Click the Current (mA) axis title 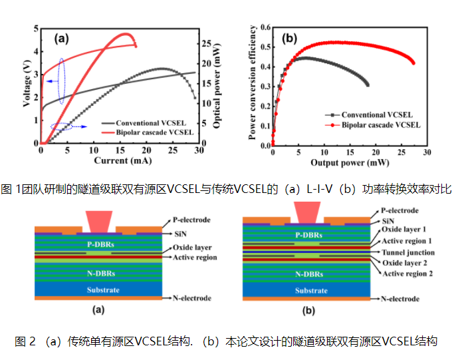(x=118, y=161)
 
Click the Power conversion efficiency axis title (x=252, y=85)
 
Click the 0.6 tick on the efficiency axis (x=263, y=28)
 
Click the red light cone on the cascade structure (x=306, y=211)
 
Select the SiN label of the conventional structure (x=181, y=233)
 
